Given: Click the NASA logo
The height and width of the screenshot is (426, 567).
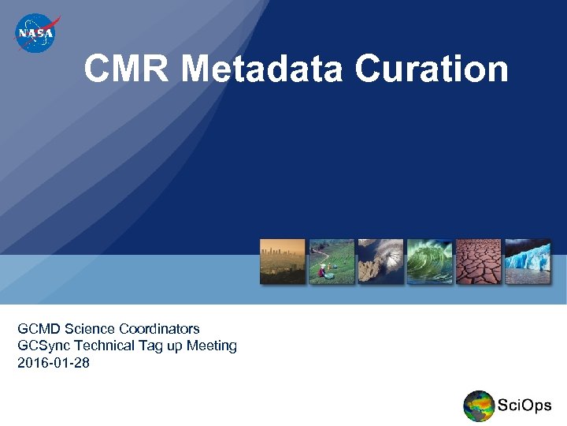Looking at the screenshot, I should [35, 34].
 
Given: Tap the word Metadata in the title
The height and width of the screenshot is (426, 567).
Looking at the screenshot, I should [261, 69].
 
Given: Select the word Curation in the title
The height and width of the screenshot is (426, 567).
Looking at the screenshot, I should [431, 69].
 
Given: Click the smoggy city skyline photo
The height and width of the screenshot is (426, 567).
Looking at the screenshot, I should [282, 261].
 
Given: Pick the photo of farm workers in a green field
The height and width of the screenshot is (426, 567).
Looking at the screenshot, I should [331, 261].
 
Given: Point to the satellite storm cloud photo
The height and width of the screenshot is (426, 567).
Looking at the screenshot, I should [380, 261].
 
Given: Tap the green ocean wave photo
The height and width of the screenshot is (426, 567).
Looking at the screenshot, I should [429, 261].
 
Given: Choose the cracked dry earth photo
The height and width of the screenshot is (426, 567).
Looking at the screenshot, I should [478, 261].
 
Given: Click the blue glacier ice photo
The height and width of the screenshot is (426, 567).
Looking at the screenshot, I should [528, 261].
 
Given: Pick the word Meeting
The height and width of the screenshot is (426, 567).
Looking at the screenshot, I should [212, 346].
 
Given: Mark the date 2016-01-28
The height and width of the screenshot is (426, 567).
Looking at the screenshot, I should [54, 363].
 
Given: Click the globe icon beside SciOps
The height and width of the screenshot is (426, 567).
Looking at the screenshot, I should [479, 405].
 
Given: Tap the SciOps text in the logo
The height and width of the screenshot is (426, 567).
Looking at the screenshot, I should [524, 405].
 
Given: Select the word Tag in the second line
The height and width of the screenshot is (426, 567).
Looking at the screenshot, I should [150, 346].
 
